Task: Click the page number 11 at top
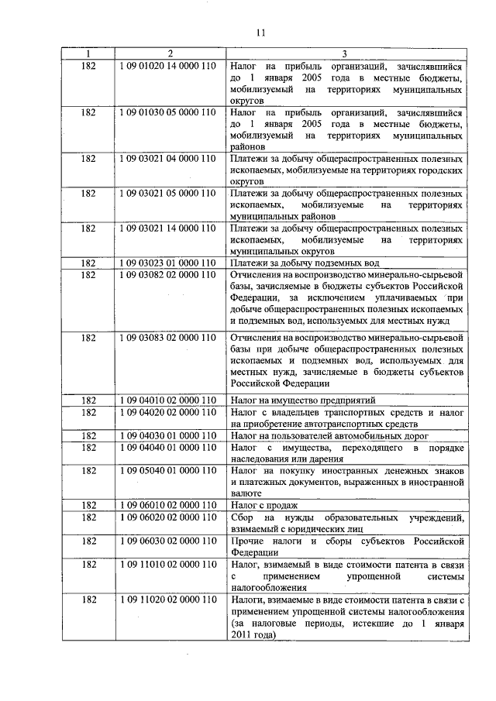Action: pos(260,32)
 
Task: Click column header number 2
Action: pos(170,53)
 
